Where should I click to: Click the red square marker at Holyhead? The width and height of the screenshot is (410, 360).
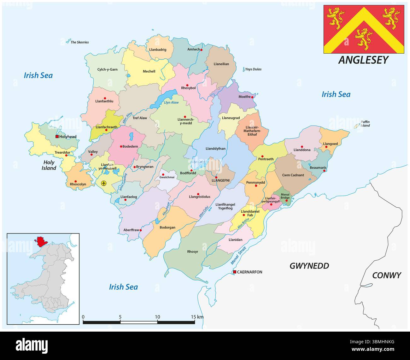coord(57,137)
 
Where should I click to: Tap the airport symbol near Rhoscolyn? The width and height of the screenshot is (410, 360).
coord(104,183)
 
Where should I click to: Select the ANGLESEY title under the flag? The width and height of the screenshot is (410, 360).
coord(363,60)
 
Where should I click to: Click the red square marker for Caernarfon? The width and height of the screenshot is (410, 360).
coord(234,272)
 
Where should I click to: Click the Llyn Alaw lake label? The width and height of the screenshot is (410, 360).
coord(171,103)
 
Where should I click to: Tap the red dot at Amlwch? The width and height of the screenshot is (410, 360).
coord(201,50)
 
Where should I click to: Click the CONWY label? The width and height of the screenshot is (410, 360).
coord(386,275)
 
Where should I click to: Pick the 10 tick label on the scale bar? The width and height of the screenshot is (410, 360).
coord(157,317)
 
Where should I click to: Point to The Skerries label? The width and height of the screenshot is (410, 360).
coord(79,42)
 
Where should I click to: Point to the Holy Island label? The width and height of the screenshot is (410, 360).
coord(49,165)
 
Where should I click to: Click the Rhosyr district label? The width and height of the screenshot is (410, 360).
coord(192,251)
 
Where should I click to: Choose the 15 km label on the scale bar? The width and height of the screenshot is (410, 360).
coord(197,317)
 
